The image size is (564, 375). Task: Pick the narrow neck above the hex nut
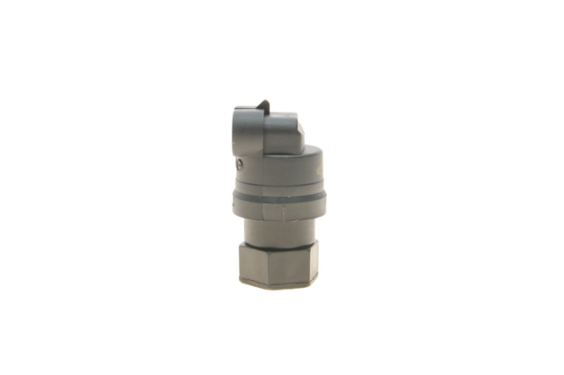[279, 232]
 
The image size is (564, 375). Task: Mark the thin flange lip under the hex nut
[278, 283]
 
